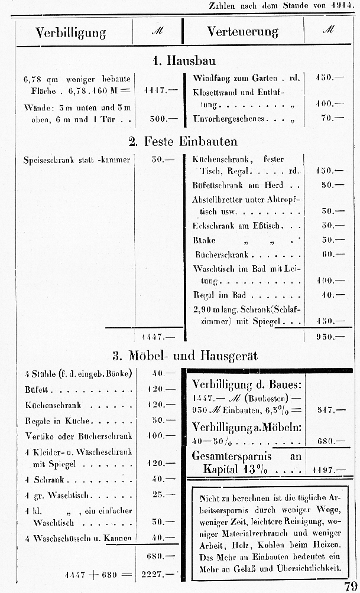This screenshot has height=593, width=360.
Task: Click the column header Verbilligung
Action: coord(70,32)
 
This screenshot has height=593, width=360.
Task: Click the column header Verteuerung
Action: coord(242,32)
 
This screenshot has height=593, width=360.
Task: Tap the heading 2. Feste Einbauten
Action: coord(183,141)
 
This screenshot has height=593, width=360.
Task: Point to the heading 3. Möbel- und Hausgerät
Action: coord(185,356)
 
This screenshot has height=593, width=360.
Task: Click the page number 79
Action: coord(349,585)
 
